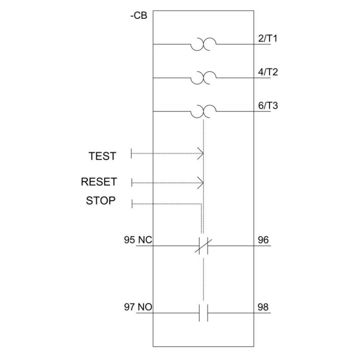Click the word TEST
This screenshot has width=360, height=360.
pos(102,156)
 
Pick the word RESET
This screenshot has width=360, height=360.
pos(99,182)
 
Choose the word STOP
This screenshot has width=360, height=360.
pos(100,200)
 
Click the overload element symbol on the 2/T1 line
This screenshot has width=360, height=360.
pos(203,44)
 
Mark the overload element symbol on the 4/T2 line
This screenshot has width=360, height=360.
pos(203,78)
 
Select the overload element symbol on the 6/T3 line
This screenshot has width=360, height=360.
pos(203,111)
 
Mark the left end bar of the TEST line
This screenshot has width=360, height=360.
pos(132,153)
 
